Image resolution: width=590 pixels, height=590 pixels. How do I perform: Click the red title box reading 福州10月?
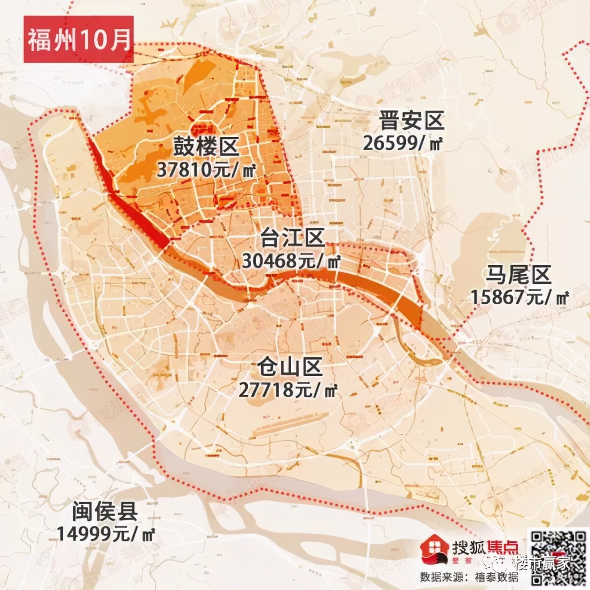tap(78, 40)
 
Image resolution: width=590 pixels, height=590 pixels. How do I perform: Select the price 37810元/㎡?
tap(206, 169)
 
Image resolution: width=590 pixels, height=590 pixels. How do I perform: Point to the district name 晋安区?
tap(411, 121)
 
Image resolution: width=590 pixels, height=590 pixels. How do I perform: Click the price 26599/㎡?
tap(403, 143)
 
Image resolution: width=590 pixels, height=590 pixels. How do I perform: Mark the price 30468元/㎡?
tap(291, 261)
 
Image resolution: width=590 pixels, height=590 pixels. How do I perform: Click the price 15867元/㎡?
tap(519, 297)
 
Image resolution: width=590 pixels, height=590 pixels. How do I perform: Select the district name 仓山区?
tap(289, 367)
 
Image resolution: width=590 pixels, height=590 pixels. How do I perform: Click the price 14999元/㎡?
tap(106, 533)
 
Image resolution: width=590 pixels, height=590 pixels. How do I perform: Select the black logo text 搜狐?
tap(469, 546)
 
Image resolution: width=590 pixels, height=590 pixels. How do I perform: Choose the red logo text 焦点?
tap(503, 546)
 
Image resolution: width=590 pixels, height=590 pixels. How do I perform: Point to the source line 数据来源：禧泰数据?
tap(469, 577)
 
